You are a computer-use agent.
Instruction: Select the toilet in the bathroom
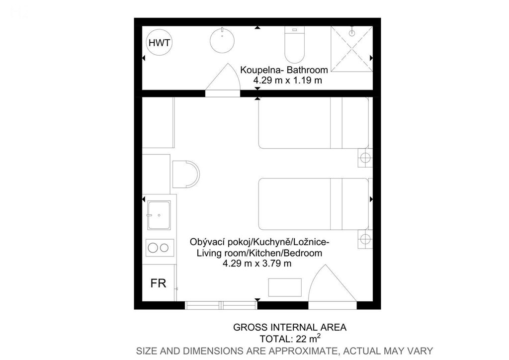(294, 44)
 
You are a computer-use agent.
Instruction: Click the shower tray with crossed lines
(351, 49)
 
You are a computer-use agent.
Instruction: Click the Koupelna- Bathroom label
(284, 70)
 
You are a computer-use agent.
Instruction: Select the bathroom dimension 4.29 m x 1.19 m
(288, 80)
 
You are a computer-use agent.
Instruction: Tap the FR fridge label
(158, 283)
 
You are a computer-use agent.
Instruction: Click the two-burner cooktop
(160, 248)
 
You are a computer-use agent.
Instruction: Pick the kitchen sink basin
(159, 215)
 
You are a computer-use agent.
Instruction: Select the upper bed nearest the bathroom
(314, 123)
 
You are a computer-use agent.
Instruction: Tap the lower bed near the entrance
(314, 204)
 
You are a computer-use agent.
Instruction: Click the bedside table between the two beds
(365, 158)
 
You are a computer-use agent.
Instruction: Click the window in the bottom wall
(221, 305)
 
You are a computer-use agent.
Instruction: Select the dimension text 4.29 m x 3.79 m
(257, 263)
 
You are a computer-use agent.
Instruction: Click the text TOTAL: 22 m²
(290, 339)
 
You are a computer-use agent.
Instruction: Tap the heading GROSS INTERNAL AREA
(290, 327)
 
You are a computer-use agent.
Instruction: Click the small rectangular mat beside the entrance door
(285, 287)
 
